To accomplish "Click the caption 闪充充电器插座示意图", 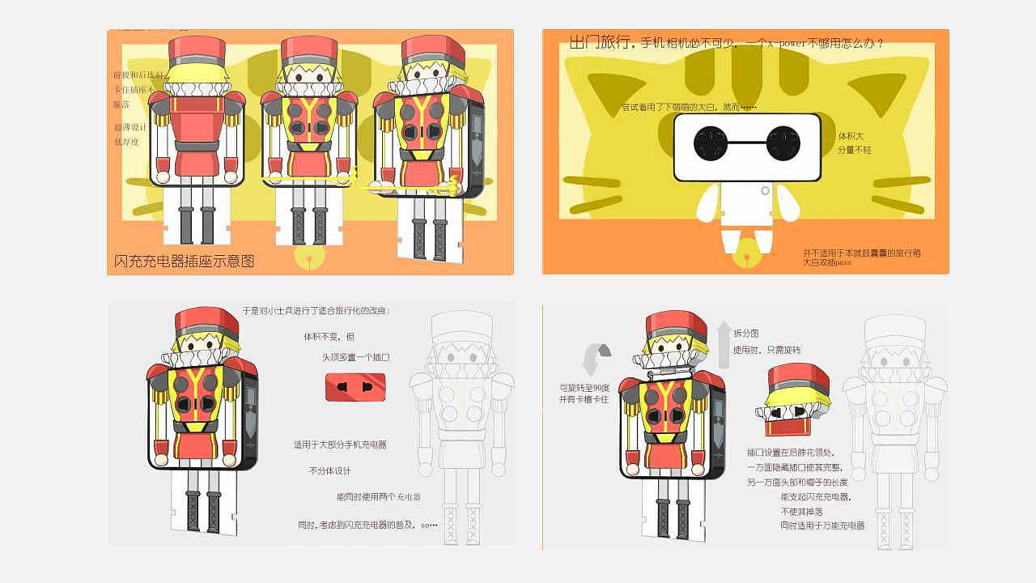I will tap(185, 261).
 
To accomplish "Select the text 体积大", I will tap(851, 136).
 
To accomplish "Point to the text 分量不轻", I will tap(854, 150).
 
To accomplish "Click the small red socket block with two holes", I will tap(355, 387).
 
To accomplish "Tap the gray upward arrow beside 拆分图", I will tap(724, 343).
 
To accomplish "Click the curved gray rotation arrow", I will tap(597, 359).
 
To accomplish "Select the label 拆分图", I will tap(745, 334).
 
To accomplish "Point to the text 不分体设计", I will tap(330, 470).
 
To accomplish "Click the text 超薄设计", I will tap(130, 127).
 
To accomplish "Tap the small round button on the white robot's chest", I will tap(765, 191).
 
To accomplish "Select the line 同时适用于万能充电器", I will tap(822, 526).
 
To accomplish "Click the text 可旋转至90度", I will tap(589, 387).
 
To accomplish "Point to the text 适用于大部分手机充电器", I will tap(340, 445).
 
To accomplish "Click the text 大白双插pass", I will tap(827, 263).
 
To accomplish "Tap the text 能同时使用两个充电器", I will tap(379, 497).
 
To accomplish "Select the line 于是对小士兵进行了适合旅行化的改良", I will tap(316, 311).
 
